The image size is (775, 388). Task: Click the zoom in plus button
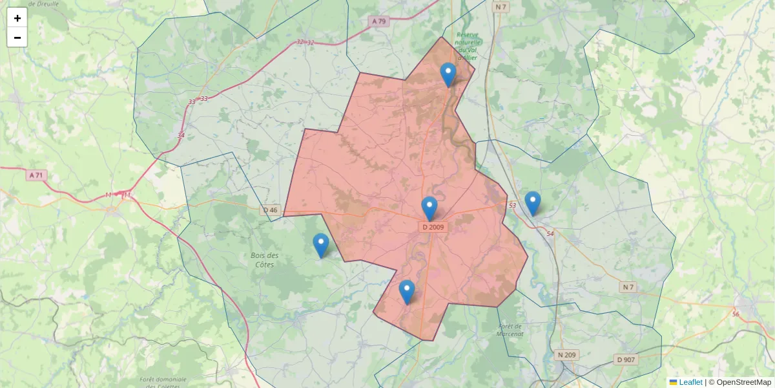coord(17,17)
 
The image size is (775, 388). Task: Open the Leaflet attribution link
coord(690,382)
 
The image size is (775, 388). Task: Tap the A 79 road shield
coord(378,21)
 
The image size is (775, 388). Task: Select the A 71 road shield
coord(36,175)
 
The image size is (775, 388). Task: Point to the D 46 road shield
coord(271,210)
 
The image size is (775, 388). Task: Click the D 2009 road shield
coord(433,227)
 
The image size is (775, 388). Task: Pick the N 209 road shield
coord(567,355)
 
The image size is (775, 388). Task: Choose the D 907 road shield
coord(626,360)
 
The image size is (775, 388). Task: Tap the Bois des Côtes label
coord(264,260)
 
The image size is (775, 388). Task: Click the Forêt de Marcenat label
coord(510,330)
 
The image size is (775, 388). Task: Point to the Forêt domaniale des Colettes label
coord(162,383)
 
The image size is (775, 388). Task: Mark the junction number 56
coord(736,314)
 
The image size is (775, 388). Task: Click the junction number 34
coord(180,135)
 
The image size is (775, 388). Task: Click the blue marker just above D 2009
coord(429,209)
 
